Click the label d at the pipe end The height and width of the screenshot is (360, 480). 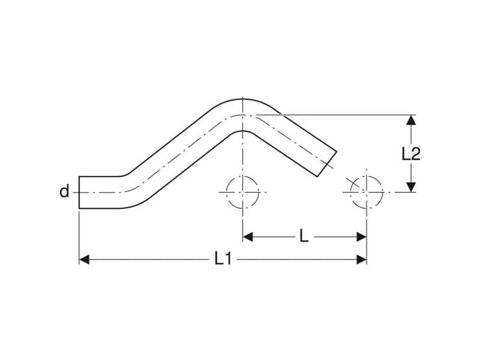64,191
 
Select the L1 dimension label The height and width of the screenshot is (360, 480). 223,258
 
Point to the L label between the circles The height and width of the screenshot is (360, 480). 304,236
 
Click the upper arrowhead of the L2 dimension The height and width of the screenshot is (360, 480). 411,120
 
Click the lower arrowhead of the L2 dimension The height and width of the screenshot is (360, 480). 411,187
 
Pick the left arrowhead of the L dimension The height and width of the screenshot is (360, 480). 248,237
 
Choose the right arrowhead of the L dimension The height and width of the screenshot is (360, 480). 362,237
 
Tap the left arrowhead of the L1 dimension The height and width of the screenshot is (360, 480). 84,259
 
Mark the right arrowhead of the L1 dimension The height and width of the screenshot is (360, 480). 362,259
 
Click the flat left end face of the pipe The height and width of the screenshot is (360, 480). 79,193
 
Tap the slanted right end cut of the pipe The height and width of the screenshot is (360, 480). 326,164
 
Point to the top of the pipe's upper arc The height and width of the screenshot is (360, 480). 242,99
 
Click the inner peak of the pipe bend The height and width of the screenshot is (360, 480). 242,131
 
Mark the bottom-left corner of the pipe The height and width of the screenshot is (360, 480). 79,209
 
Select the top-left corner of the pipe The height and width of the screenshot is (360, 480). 79,177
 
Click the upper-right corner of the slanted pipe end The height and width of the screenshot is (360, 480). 337,151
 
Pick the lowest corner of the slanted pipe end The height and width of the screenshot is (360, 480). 317,177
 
